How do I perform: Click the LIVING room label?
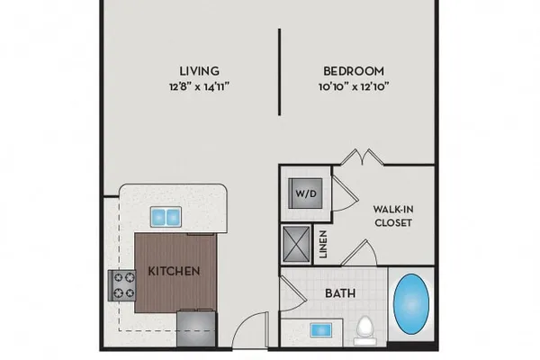pos(200,71)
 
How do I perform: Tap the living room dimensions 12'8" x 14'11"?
pos(200,86)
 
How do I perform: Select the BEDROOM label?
pos(354,71)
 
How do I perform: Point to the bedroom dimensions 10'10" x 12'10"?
pos(354,86)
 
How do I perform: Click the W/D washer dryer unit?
pos(305,193)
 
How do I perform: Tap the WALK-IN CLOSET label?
pos(393,216)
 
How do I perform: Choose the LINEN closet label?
pos(323,244)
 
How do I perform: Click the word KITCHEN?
pos(174,271)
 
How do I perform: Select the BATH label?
pos(340,293)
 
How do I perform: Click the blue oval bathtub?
pos(411,304)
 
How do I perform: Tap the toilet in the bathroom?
pos(365,330)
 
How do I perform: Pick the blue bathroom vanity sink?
pos(320,330)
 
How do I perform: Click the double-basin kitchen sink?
pos(166,217)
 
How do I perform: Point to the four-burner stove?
pos(121,285)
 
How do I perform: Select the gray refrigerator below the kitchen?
pos(196,328)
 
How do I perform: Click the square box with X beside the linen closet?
pos(296,244)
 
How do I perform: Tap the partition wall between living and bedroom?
pos(279,72)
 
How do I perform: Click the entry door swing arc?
pos(247,323)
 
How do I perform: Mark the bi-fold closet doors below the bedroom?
pos(363,157)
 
